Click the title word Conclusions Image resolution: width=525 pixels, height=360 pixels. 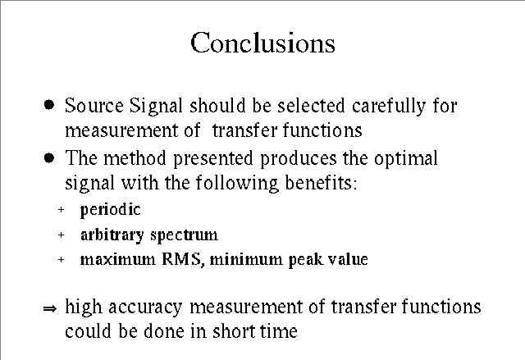tap(262, 43)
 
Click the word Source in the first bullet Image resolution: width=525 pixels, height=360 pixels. tap(94, 106)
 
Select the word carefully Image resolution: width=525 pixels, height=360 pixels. tap(389, 107)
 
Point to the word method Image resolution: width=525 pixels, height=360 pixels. tap(135, 158)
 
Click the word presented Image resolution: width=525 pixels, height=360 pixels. tap(213, 159)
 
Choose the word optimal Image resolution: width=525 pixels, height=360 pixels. tap(406, 158)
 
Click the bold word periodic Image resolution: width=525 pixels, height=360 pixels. tap(111, 210)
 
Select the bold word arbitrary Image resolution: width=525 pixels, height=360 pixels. tap(112, 235)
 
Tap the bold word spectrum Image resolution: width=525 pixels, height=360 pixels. tap(184, 235)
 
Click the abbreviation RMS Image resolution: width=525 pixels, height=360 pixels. tap(181, 259)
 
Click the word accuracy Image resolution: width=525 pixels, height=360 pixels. tap(145, 308)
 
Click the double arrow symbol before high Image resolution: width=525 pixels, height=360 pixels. tap(50, 308)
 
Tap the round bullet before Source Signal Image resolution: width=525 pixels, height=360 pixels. tap(49, 105)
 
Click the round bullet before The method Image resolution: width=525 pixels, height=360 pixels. tap(49, 157)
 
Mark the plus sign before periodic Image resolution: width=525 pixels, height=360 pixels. tap(61, 210)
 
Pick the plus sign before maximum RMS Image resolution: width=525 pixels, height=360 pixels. tap(61, 259)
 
